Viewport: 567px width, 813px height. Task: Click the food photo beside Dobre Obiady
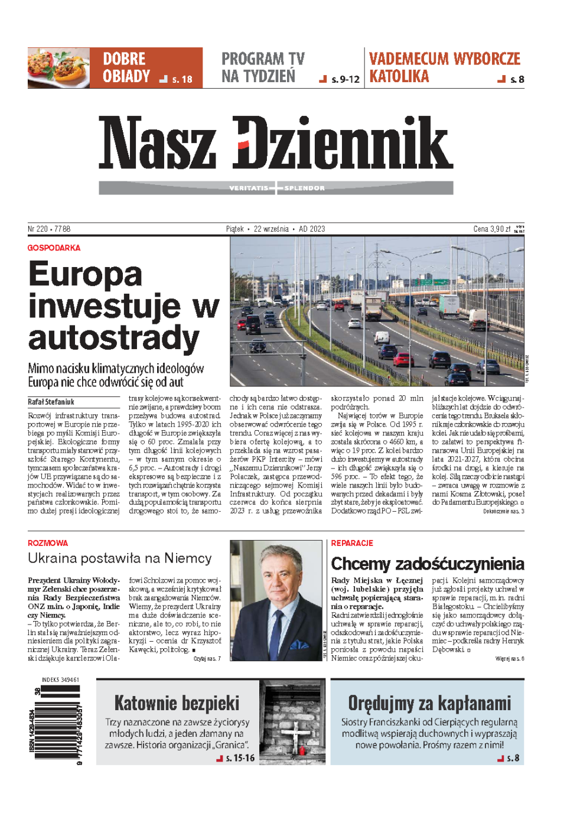point(58,68)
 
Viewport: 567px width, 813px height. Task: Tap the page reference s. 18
point(182,79)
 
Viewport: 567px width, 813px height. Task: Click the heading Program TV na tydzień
point(263,67)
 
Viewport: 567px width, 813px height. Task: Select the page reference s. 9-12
point(345,79)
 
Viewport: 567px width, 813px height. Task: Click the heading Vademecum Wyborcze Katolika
point(444,67)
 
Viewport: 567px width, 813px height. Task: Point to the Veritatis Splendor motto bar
point(276,188)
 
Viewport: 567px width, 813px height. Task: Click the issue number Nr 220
point(38,229)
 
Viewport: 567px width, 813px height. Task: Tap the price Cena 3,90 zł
point(492,229)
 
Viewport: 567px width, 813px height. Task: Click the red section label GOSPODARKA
point(54,248)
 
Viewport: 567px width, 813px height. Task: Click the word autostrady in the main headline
point(113,338)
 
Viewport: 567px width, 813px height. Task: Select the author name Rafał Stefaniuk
point(51,402)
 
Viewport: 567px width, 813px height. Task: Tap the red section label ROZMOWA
point(48,543)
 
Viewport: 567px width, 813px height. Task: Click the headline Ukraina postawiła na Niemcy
point(119,558)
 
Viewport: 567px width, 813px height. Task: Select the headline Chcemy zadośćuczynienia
point(427,564)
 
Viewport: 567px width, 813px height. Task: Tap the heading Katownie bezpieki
point(177,703)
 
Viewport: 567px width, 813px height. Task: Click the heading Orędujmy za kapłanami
point(429,703)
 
